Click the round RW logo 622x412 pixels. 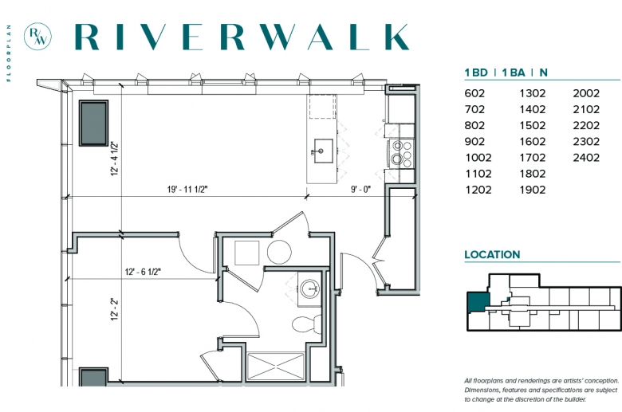pos(37,37)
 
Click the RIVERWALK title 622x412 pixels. pos(242,37)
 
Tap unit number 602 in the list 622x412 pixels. pos(474,93)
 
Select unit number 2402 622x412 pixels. pos(586,158)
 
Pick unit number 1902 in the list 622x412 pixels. pos(533,190)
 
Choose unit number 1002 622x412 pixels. pos(478,158)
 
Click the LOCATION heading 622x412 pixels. pos(492,254)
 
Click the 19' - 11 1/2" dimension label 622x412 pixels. pos(187,189)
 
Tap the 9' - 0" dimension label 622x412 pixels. pos(360,189)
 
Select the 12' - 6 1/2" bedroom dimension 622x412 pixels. pos(143,272)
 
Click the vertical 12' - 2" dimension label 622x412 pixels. pos(115,309)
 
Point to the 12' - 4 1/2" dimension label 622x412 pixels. pos(115,159)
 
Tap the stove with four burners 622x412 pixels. pos(401,153)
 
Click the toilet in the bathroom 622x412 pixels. pos(308,324)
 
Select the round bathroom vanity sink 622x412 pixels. pos(310,288)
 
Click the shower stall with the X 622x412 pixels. pos(276,366)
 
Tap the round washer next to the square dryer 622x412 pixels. pos(279,252)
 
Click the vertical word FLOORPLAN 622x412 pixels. pos(9,53)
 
